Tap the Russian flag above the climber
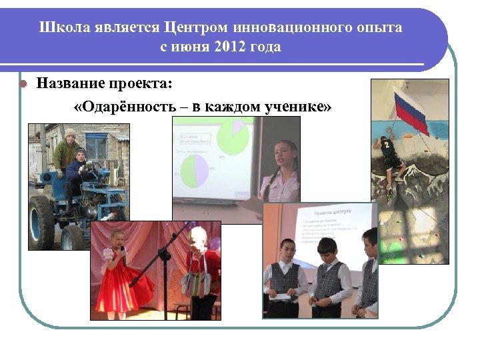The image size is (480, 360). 411,110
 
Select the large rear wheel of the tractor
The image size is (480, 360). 41,221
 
